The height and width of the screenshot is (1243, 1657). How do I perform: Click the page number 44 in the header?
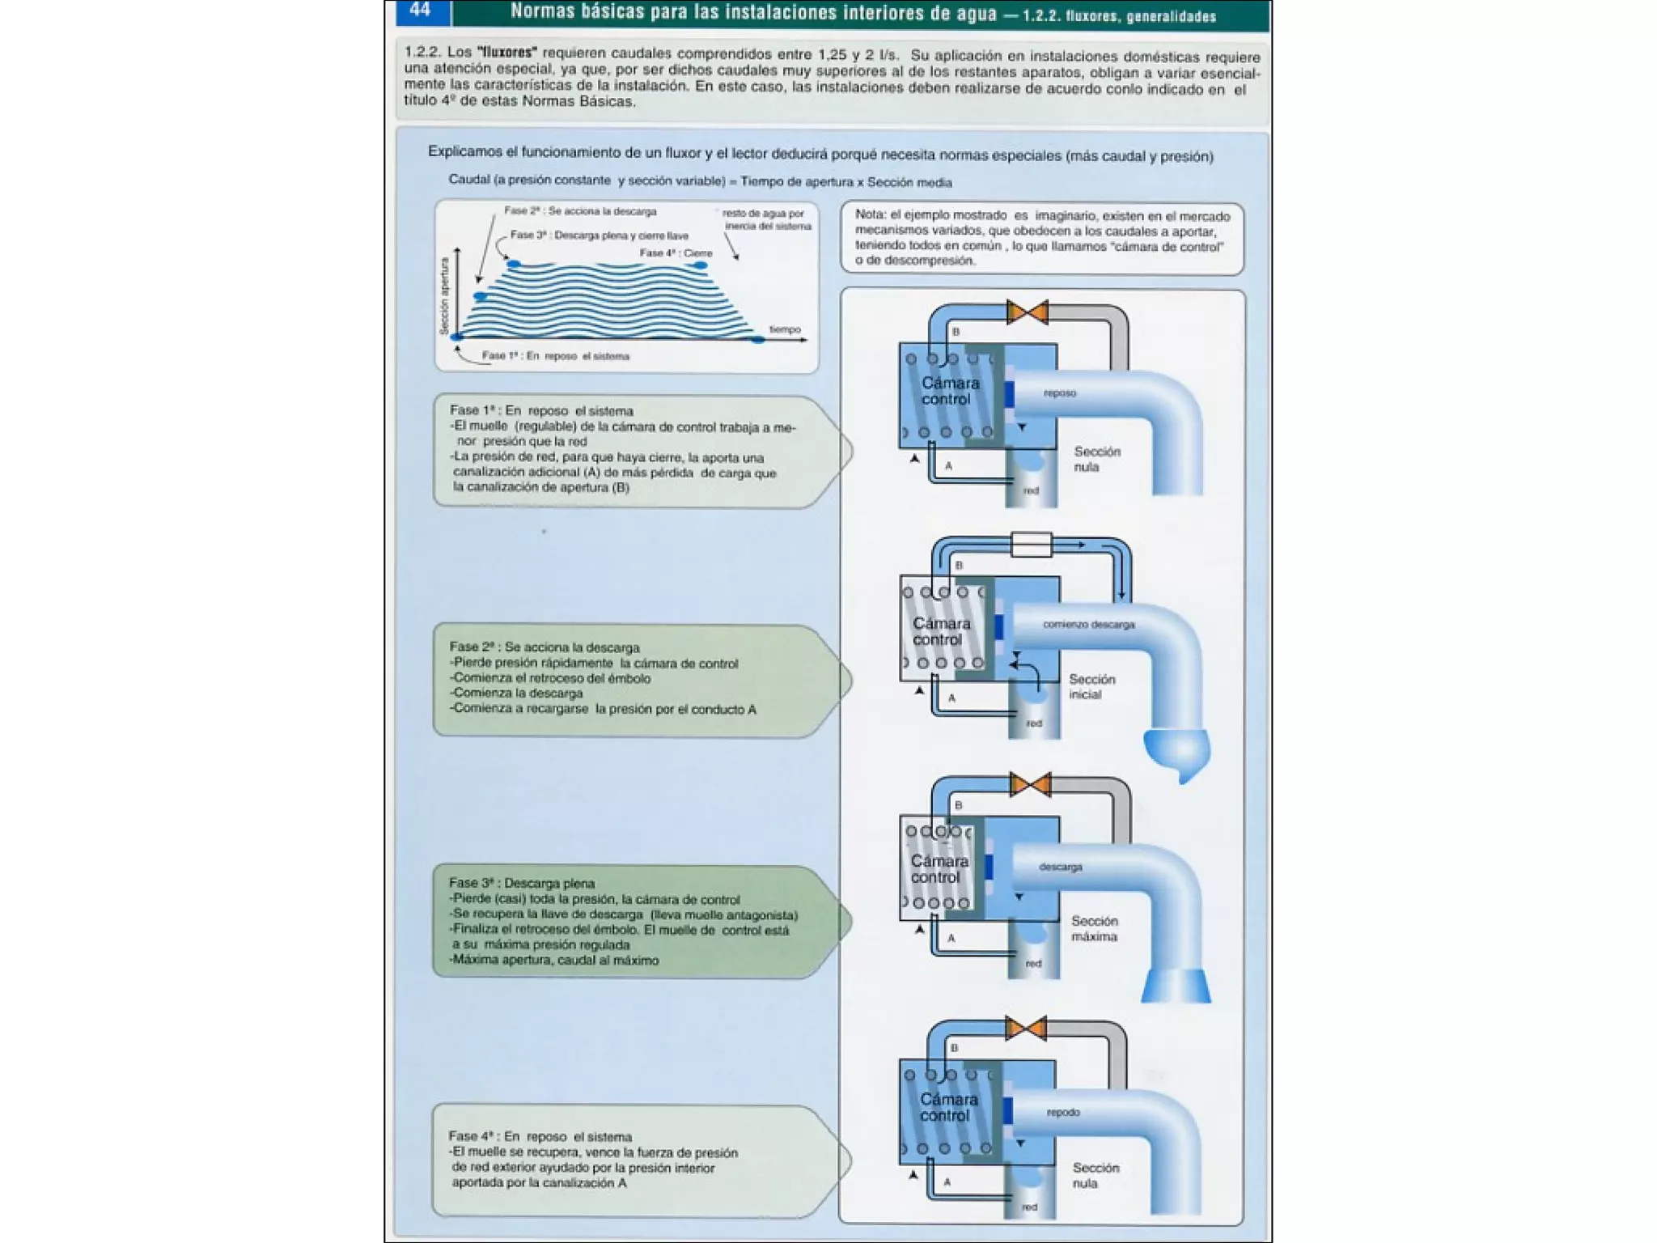(420, 11)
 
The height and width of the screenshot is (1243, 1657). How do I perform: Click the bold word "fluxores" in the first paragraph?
(507, 53)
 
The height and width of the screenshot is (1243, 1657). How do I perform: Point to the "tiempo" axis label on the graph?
(784, 329)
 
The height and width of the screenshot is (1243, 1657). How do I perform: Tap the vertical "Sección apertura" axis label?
(443, 296)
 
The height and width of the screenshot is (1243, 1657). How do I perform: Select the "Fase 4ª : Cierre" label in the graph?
(676, 253)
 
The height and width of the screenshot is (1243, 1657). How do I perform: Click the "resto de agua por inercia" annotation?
(765, 219)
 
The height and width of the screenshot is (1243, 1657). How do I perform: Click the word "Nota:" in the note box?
(871, 215)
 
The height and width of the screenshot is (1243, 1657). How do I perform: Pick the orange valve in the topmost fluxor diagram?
(1027, 312)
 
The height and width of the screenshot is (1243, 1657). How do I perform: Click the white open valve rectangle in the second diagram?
(1032, 545)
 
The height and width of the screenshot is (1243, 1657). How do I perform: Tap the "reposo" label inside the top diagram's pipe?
(1059, 393)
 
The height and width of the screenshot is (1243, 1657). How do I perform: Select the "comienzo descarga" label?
(1088, 625)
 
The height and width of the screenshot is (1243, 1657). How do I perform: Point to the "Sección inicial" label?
(1091, 686)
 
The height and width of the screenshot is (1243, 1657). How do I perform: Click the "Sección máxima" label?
(1095, 928)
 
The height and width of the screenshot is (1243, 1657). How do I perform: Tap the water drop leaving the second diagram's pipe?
(1177, 753)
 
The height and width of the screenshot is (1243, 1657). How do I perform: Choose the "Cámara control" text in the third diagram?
(939, 869)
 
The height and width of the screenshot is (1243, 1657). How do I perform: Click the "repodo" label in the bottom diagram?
(1062, 1113)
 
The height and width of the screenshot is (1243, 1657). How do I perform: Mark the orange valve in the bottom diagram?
(1025, 1029)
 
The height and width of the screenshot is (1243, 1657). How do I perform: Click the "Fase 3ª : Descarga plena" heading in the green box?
(522, 883)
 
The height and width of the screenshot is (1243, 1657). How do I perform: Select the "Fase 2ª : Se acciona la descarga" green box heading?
(545, 647)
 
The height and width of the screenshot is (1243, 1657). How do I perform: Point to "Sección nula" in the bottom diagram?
(1095, 1175)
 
